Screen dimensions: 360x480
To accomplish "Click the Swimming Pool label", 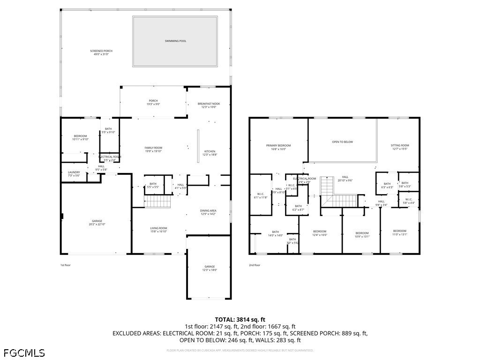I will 175,41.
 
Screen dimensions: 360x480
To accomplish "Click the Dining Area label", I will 209,212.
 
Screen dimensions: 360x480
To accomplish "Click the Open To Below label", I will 342,142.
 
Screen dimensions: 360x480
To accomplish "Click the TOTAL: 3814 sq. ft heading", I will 240,319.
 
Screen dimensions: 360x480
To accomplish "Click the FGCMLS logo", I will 24,352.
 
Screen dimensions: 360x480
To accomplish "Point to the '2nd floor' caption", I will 254,265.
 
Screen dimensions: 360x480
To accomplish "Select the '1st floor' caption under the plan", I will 65,265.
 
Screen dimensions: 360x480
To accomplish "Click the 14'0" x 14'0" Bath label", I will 275,233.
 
